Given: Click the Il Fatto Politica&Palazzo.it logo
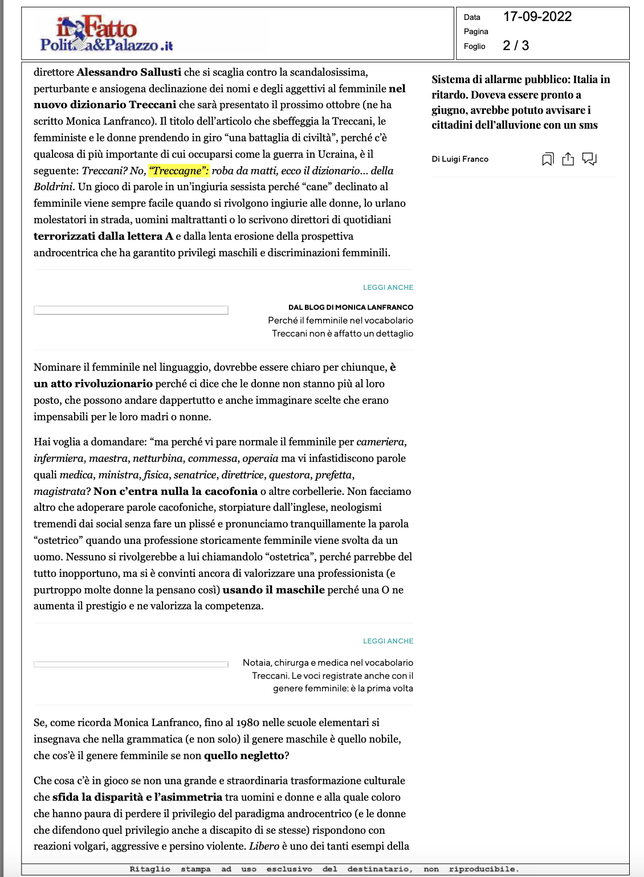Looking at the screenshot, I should click(106, 34).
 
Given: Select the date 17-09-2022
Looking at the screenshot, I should click(537, 17).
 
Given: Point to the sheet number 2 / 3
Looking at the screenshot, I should click(516, 46).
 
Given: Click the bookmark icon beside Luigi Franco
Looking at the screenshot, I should click(548, 159).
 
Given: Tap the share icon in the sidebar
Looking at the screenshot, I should click(568, 159).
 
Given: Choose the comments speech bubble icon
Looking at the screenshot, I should click(589, 159).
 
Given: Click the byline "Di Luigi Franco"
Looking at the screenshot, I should click(460, 159).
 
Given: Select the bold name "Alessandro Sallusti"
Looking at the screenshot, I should click(129, 72).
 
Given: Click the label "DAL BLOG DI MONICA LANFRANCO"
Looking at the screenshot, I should click(350, 307).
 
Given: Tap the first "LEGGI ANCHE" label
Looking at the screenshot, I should click(388, 288).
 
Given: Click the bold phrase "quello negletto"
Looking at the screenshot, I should click(244, 756).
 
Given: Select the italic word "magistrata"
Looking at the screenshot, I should click(59, 491).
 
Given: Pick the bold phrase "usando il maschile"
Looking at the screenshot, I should click(274, 590).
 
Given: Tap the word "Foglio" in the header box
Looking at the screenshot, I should click(474, 46).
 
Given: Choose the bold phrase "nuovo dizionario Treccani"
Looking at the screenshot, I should click(105, 105).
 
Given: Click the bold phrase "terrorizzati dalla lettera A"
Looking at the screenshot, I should click(103, 236).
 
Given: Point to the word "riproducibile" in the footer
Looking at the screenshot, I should click(483, 869).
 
